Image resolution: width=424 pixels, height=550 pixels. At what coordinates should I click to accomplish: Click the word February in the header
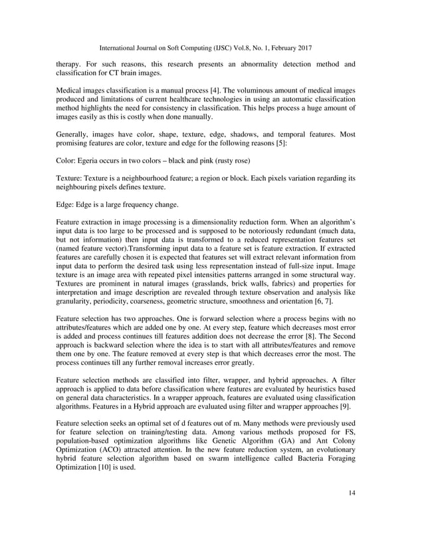tap(274, 48)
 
